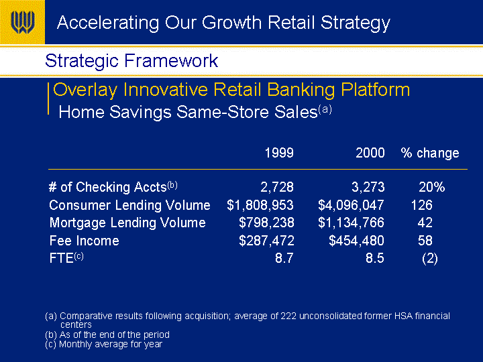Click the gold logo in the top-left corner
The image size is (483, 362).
[22, 22]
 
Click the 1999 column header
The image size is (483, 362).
[279, 153]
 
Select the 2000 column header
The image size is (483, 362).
[370, 153]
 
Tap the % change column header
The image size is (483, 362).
[430, 153]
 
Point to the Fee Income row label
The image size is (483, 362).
[84, 241]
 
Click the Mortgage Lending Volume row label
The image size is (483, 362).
[127, 223]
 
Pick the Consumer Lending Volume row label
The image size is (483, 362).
[129, 205]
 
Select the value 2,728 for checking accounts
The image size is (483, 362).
[277, 187]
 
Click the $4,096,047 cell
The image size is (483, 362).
[351, 205]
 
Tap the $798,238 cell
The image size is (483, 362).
[266, 223]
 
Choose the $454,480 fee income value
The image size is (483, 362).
[356, 241]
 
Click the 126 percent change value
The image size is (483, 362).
[422, 205]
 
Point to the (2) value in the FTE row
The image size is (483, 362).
[430, 258]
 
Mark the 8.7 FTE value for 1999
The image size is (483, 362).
[284, 258]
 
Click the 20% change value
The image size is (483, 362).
[431, 187]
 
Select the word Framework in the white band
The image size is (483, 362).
[171, 60]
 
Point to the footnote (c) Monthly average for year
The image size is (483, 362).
[103, 344]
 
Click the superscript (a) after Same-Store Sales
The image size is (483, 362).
[325, 109]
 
